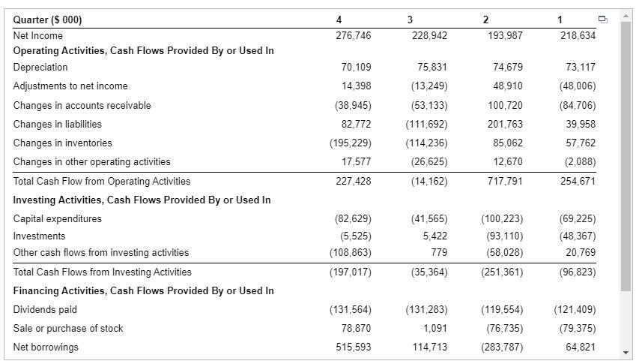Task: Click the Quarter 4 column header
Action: (x=339, y=20)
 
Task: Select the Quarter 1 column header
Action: (x=560, y=20)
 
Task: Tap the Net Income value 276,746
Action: (x=352, y=35)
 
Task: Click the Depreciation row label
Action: (x=40, y=67)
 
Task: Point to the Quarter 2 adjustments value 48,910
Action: (x=508, y=86)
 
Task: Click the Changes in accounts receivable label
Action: (x=82, y=105)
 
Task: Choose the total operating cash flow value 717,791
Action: (x=503, y=181)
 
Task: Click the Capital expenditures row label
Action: (x=58, y=218)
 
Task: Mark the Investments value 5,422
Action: (x=435, y=236)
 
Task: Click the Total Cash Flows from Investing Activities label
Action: (x=102, y=272)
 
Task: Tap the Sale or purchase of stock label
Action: (x=68, y=328)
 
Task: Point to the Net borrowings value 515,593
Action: (x=352, y=347)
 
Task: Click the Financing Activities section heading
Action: (x=143, y=290)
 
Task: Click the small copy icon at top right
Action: (x=604, y=19)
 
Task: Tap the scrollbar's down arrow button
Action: (x=626, y=352)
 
